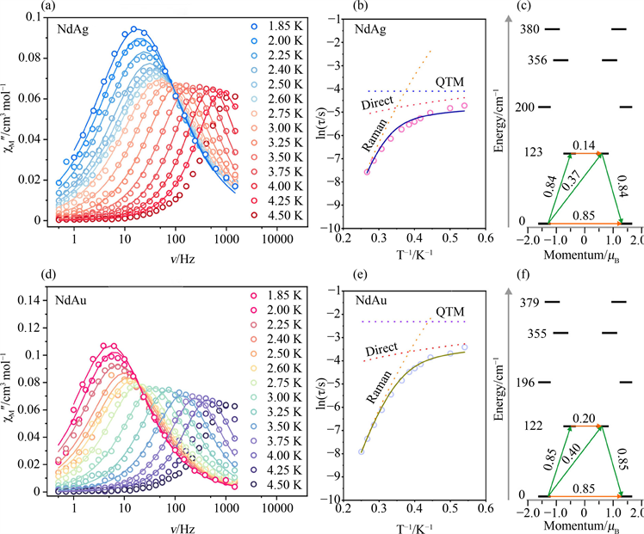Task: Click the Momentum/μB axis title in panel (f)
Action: tap(585, 525)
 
